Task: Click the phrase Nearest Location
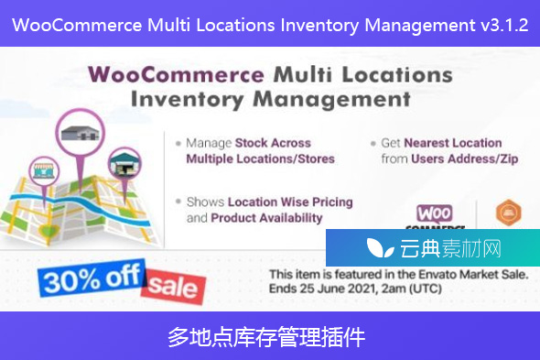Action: [x=453, y=143]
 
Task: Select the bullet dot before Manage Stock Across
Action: [x=177, y=144]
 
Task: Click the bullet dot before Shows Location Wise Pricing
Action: [x=177, y=202]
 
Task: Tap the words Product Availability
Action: [x=266, y=218]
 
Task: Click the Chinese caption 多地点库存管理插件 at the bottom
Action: [x=269, y=337]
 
